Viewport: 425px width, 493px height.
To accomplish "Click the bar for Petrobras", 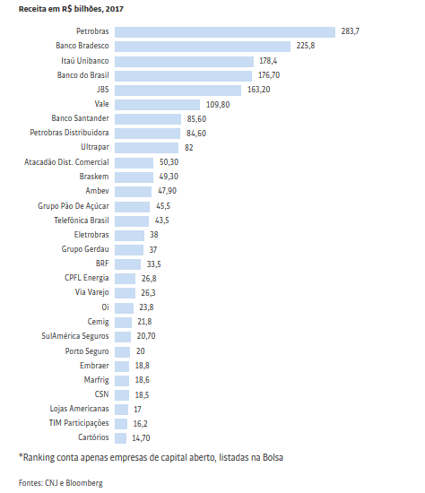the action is point(225,32).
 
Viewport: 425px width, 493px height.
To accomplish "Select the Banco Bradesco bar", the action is point(203,47).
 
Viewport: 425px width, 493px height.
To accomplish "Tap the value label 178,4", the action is point(268,61).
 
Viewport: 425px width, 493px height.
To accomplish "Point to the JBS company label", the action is point(102,90).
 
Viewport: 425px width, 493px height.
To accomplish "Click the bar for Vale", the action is point(157,105).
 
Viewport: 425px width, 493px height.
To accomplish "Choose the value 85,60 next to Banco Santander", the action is point(196,119).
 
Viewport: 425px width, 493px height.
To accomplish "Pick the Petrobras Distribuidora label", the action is point(69,133).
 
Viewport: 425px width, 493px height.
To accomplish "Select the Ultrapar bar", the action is point(146,148).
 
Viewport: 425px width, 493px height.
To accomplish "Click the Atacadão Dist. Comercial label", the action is point(66,162).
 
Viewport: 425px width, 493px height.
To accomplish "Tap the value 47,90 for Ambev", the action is point(167,191).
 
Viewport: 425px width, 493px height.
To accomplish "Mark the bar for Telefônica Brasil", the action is point(132,221).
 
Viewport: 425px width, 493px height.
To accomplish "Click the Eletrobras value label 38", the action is point(154,235).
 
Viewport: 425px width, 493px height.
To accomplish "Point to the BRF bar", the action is point(127,264).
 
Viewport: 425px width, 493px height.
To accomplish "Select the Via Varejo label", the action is point(91,292).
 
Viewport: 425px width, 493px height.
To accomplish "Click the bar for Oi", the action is point(124,308).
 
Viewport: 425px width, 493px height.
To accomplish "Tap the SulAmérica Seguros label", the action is point(75,336).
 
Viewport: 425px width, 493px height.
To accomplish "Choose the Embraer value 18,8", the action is point(143,366).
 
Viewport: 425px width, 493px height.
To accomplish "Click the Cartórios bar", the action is point(120,438).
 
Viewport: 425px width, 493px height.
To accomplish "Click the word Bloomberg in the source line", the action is point(84,483).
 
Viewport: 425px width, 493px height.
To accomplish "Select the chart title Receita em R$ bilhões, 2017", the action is point(71,9).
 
